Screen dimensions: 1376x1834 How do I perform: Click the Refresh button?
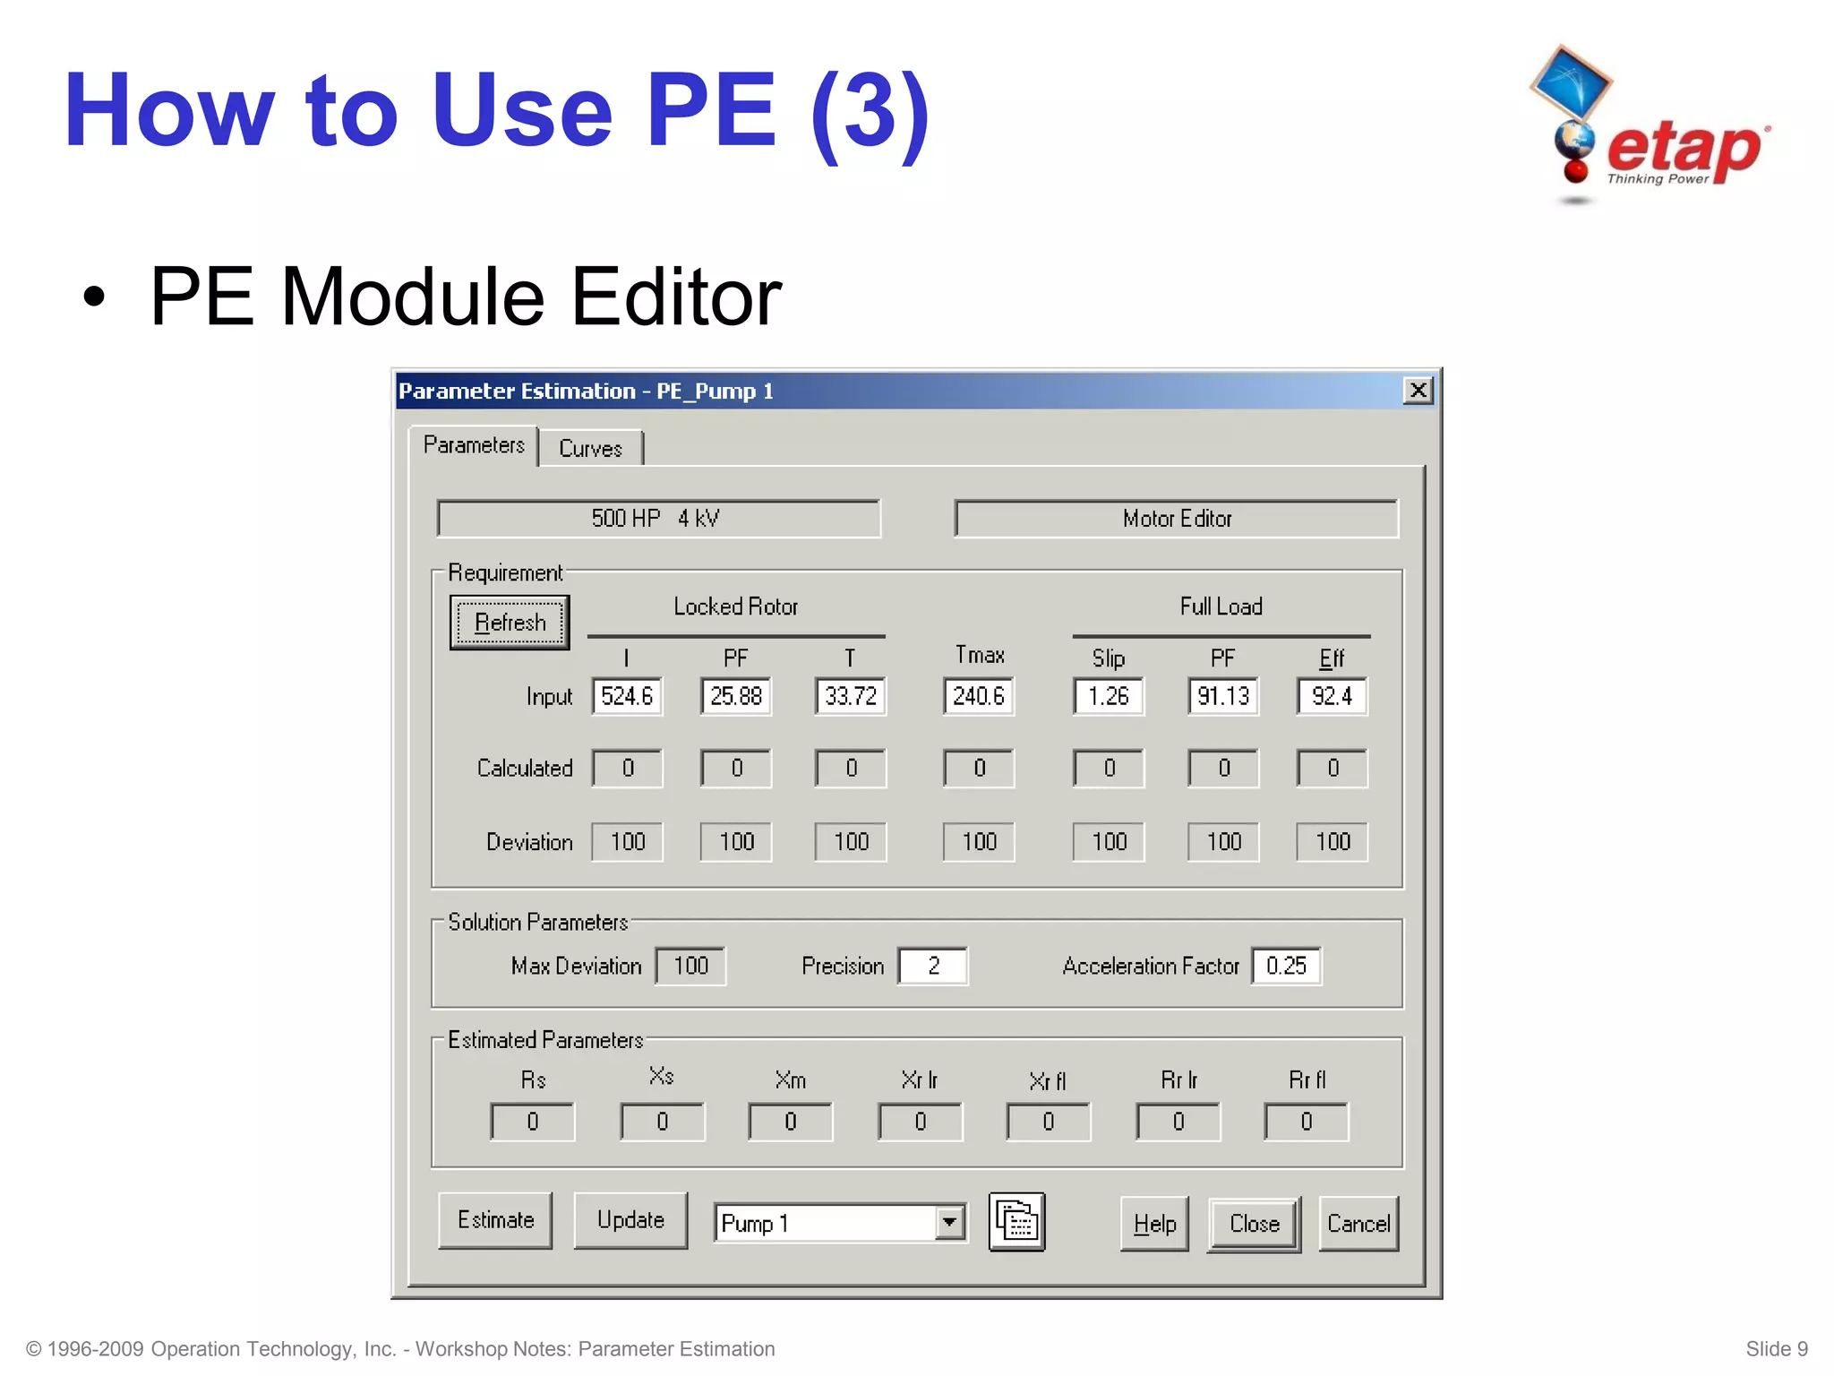click(510, 623)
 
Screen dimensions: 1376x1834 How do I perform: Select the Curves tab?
click(590, 448)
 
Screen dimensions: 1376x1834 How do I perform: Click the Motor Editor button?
click(1176, 519)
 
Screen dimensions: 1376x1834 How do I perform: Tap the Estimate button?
click(495, 1220)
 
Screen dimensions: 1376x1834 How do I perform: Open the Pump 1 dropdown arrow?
click(949, 1222)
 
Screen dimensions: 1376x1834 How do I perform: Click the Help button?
click(1154, 1224)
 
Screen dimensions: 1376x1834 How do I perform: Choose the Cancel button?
click(1358, 1224)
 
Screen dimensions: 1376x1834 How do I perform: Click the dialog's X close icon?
click(1418, 391)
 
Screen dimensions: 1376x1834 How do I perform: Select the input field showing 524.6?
click(627, 696)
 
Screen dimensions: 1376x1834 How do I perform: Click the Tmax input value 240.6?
click(978, 696)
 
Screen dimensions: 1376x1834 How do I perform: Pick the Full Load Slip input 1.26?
click(1108, 696)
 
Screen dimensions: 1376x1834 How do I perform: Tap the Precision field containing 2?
click(933, 966)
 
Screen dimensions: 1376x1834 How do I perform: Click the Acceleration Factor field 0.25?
click(1286, 966)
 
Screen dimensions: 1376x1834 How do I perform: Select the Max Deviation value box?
click(690, 966)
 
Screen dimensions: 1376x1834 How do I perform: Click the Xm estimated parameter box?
click(791, 1122)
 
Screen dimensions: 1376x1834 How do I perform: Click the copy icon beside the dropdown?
click(1016, 1222)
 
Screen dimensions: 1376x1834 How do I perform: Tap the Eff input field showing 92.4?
click(1332, 696)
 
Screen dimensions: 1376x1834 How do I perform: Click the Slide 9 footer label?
click(1776, 1349)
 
